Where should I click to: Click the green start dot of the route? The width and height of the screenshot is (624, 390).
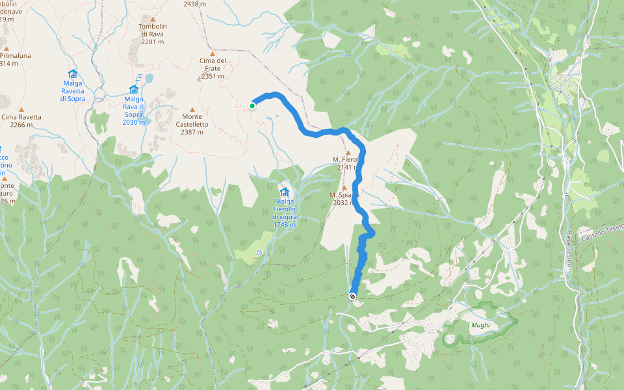click(252, 105)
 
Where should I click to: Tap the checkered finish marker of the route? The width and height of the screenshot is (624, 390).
click(353, 296)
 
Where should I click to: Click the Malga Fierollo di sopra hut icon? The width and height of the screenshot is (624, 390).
click(284, 192)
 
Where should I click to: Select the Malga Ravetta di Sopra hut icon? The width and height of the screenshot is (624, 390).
click(72, 74)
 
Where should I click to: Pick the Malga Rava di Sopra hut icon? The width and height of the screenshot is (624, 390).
click(133, 89)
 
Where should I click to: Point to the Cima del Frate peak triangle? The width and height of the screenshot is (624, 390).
click(213, 53)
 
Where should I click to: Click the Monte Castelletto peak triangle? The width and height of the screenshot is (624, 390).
click(192, 109)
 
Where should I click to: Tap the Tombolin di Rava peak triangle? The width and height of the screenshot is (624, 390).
click(153, 19)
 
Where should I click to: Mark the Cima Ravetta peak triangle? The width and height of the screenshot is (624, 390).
click(21, 109)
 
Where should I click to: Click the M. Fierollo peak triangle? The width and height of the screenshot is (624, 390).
click(348, 152)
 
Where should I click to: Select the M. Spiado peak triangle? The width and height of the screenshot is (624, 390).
click(344, 187)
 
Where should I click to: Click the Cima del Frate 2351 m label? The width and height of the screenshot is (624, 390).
click(213, 68)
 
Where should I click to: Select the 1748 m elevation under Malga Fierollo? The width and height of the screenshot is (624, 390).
click(284, 224)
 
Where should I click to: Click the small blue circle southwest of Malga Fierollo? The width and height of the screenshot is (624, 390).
click(259, 252)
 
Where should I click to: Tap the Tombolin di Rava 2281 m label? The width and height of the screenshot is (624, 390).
click(151, 34)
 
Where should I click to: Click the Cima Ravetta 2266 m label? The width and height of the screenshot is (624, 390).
click(21, 121)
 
